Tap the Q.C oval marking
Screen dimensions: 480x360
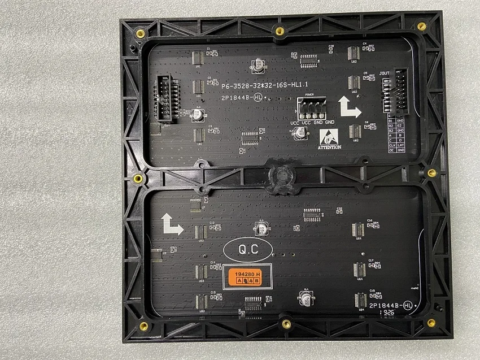click(248, 249)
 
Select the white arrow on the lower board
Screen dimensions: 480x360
click(172, 224)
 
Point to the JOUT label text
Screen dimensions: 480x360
click(385, 73)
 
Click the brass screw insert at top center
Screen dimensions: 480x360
click(279, 31)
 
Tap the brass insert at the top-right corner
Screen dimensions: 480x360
click(421, 27)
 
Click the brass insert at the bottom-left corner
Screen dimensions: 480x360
click(143, 326)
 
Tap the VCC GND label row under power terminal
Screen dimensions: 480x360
click(312, 123)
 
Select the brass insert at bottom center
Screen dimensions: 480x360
click(286, 324)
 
